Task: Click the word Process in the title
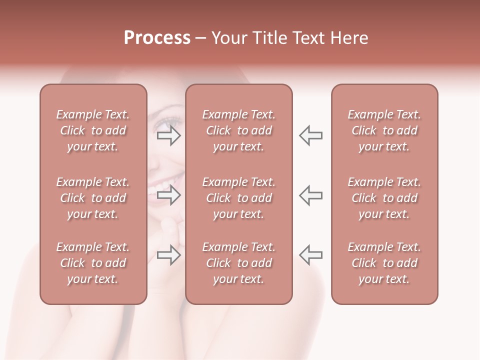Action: coord(157,38)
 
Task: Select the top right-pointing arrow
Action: coord(168,135)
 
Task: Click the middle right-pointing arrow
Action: coord(168,195)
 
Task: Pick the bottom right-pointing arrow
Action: coord(168,255)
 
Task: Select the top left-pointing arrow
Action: coord(310,135)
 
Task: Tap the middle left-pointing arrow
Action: coord(310,195)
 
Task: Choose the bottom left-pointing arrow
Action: coord(310,255)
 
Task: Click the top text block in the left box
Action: coord(93,130)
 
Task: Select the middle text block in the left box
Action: coord(93,198)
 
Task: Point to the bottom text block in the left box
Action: coord(93,263)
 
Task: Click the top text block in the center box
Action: coord(238,130)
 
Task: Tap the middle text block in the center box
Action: coord(238,198)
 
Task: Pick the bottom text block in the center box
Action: coord(238,263)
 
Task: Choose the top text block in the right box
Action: coord(384,130)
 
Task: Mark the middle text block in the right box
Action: coord(384,198)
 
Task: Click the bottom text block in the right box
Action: coord(384,263)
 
